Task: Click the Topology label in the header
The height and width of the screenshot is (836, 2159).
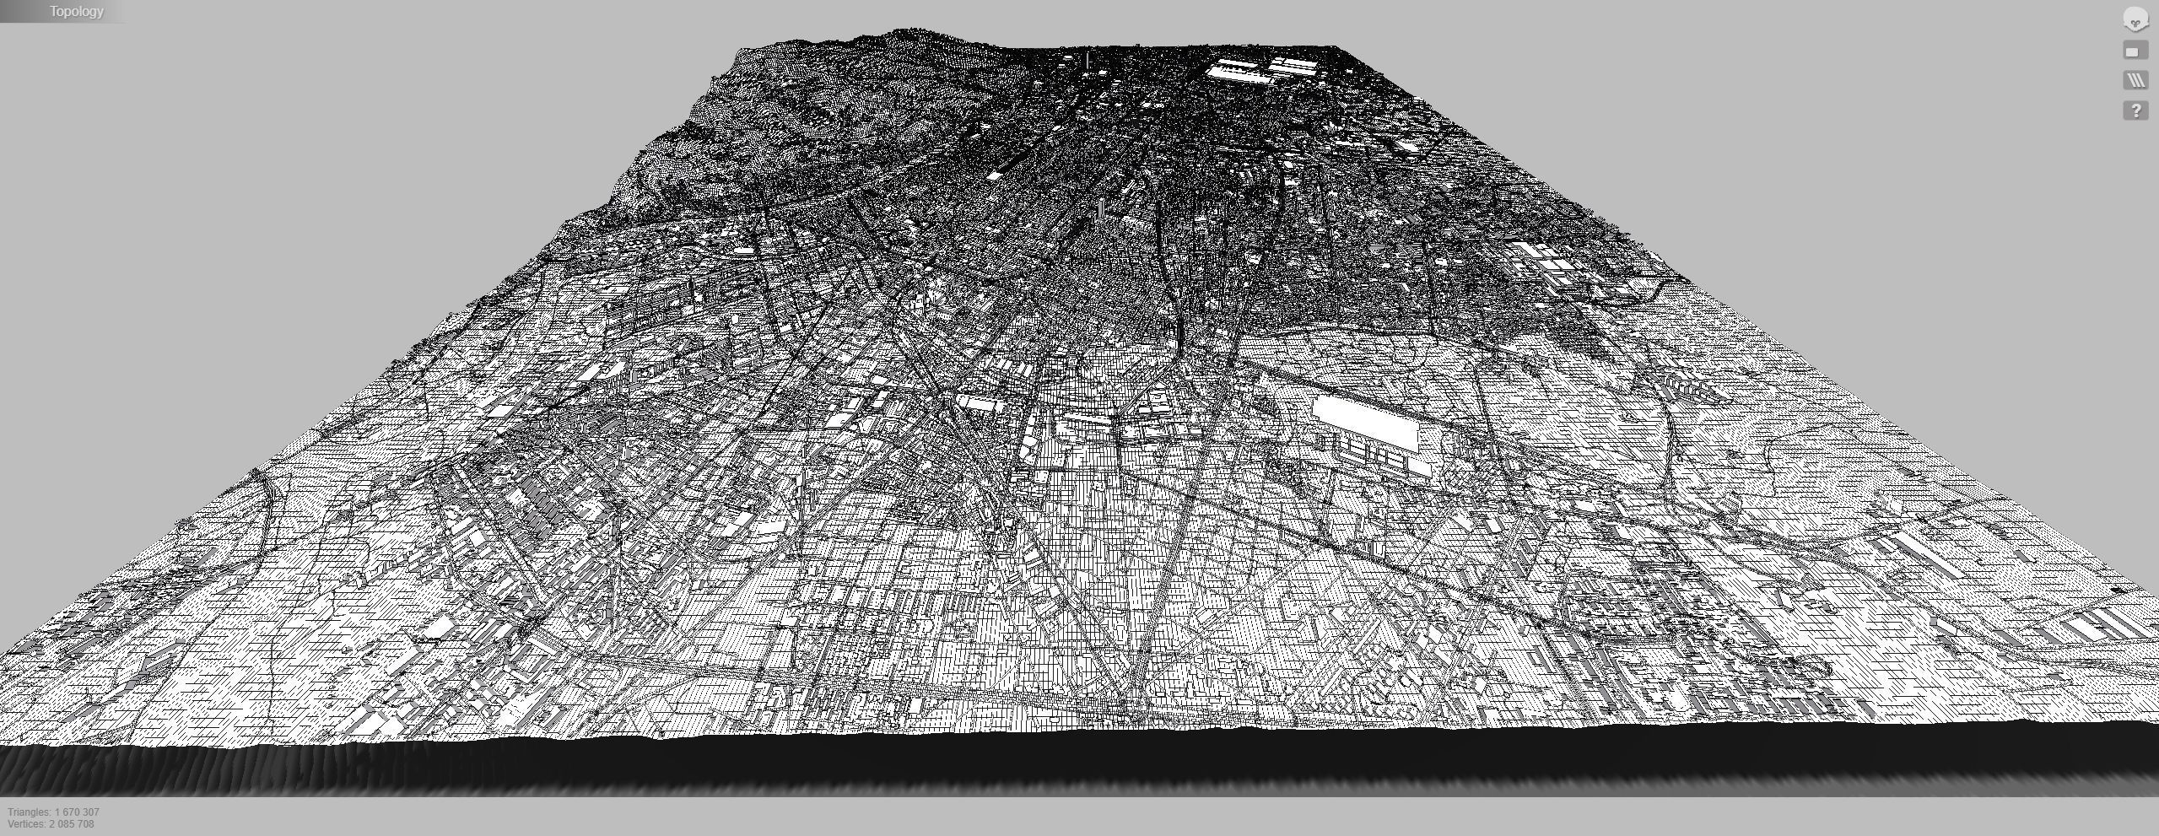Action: [76, 12]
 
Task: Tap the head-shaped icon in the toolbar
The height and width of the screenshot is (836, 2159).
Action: [2135, 19]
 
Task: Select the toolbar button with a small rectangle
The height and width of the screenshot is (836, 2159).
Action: [2135, 51]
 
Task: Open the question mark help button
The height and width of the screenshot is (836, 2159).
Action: [2135, 111]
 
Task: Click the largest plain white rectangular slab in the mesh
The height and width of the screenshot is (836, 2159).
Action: [1365, 423]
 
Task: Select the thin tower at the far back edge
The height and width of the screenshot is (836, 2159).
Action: [1088, 60]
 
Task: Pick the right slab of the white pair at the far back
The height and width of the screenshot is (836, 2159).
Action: [1291, 65]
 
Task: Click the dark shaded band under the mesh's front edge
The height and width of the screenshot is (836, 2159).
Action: [1080, 763]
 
